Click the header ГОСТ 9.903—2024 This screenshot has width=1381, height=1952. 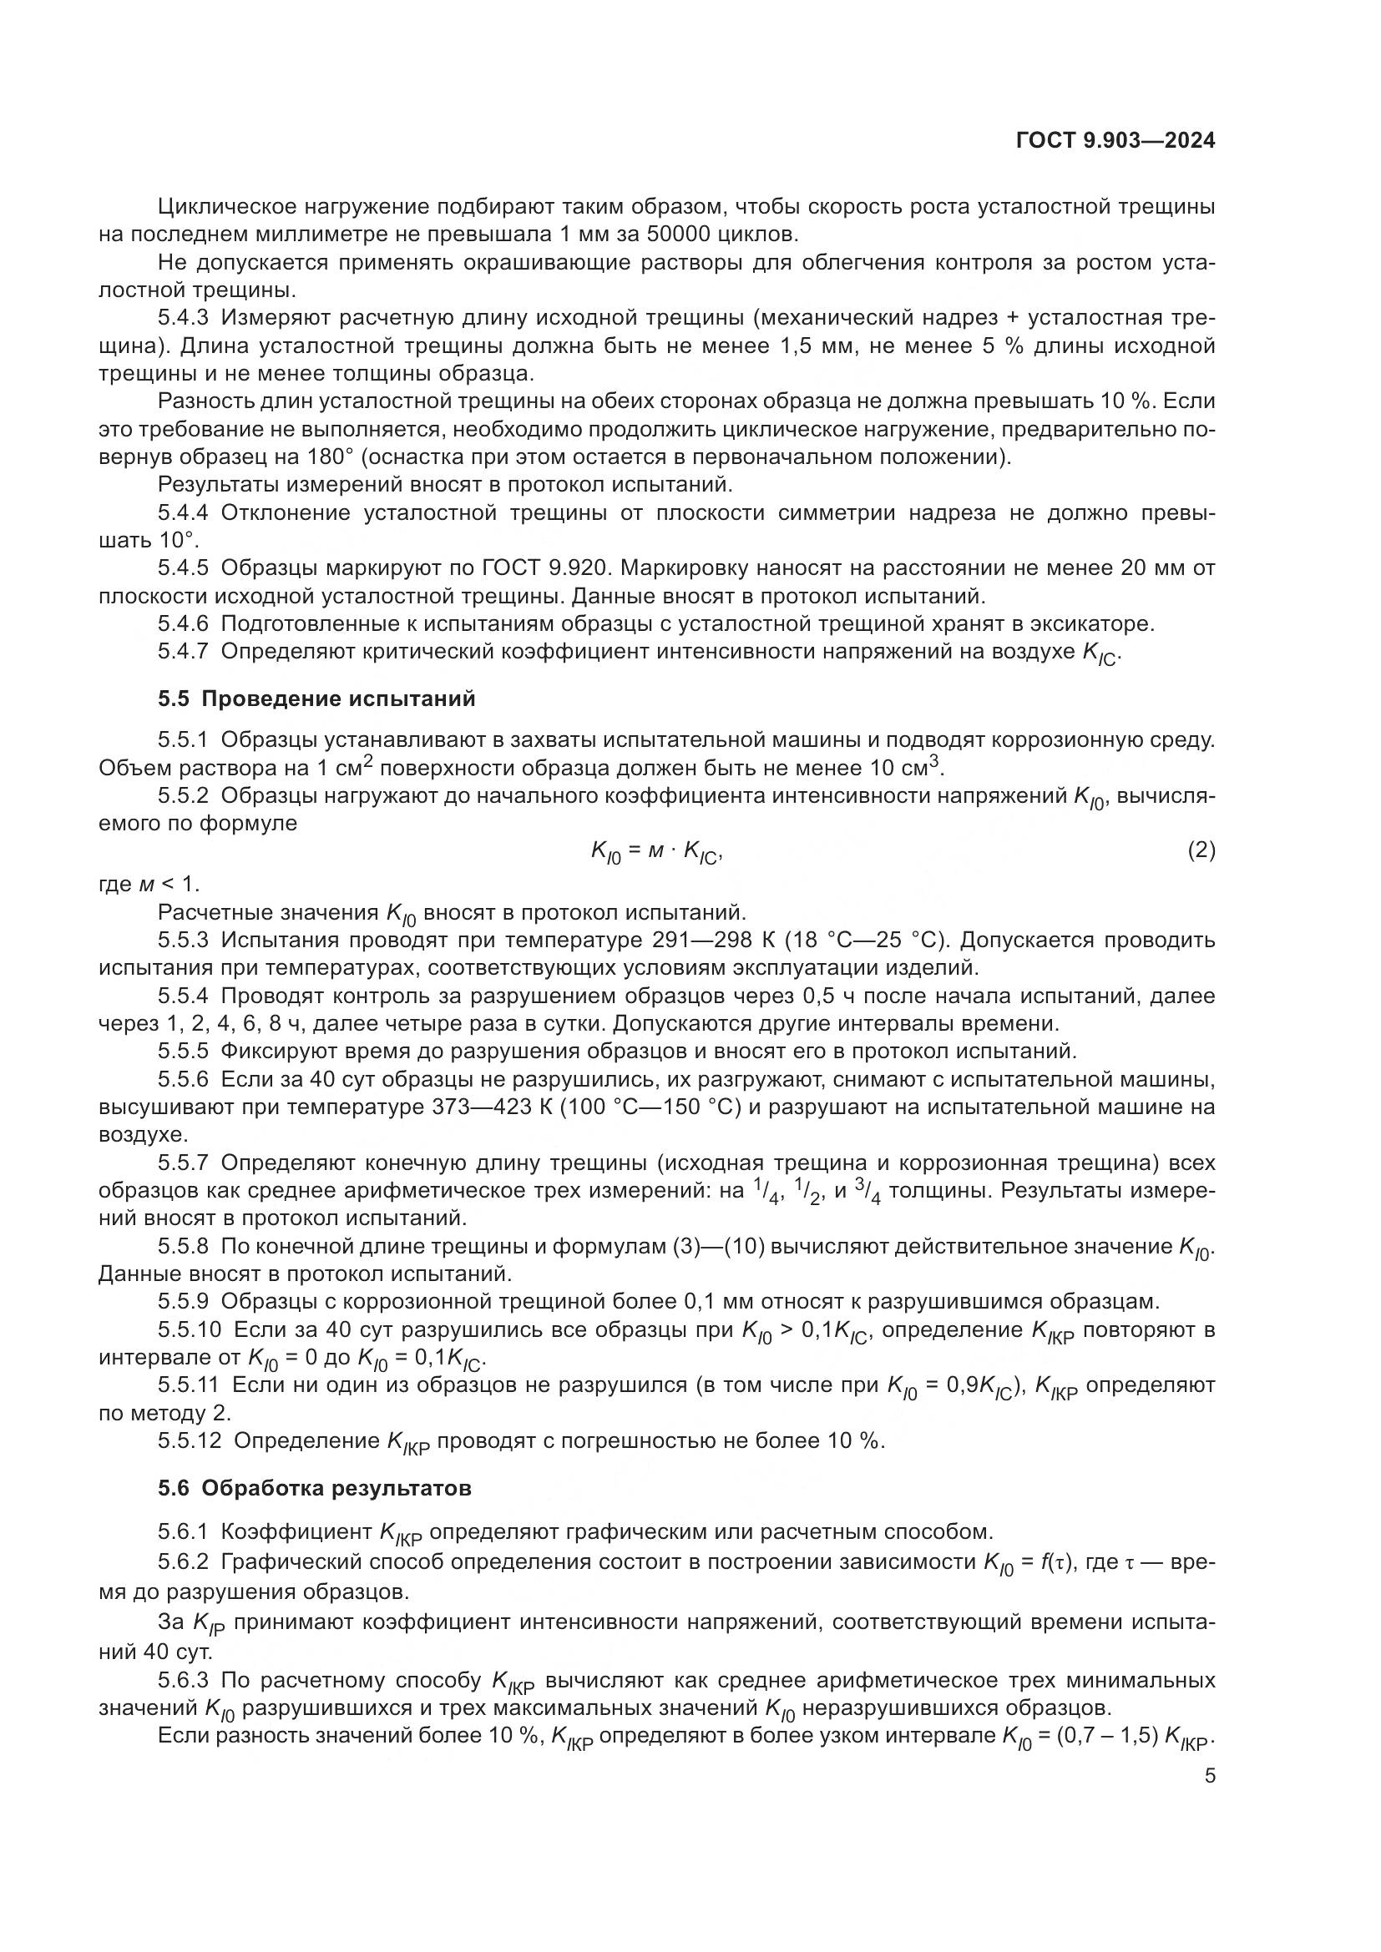coord(1115,141)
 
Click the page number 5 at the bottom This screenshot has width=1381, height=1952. coord(1209,1799)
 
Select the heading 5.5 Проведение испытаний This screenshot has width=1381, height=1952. coord(316,699)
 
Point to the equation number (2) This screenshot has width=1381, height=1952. coord(1201,850)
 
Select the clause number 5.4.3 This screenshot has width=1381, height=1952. coord(183,318)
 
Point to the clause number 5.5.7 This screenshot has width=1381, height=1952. coord(183,1163)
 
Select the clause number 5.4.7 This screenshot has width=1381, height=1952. coord(183,651)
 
